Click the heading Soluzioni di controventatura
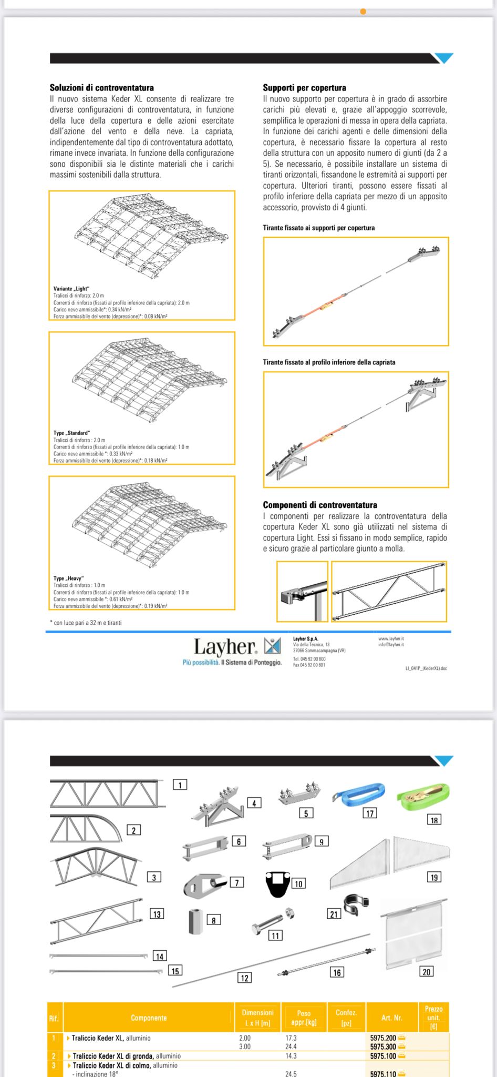101,88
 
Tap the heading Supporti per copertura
304,88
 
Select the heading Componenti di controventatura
319,505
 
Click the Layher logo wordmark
225,647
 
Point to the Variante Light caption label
71,289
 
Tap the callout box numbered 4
254,803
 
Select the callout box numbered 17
370,814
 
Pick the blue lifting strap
359,795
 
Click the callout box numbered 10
298,884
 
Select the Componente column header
149,1018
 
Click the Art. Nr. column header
391,1018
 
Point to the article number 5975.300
383,1047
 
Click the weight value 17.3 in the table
291,1038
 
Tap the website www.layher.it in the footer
391,638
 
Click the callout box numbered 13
157,914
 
